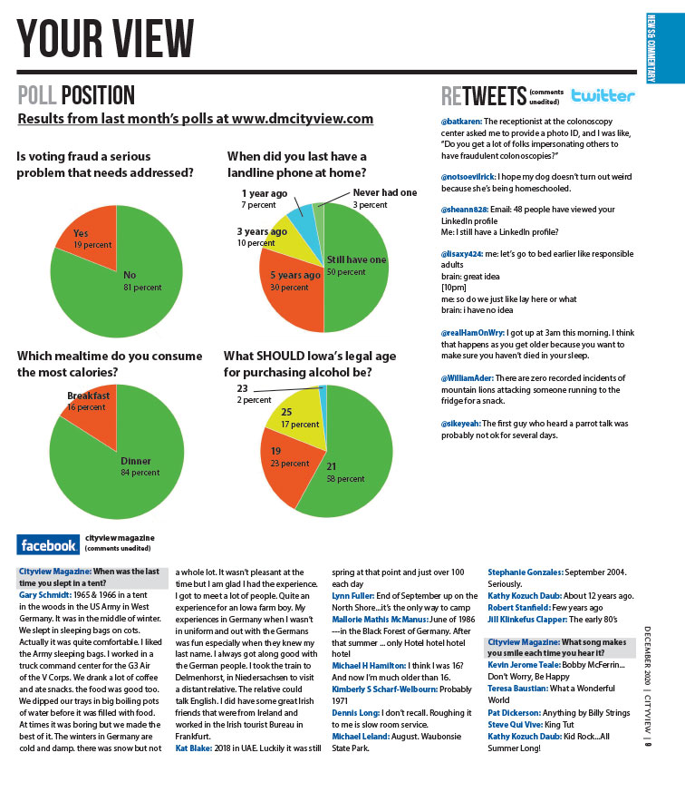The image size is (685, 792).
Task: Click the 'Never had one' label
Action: pos(384,192)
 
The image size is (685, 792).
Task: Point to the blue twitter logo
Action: pos(603,95)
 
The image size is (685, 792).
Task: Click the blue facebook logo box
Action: pos(48,544)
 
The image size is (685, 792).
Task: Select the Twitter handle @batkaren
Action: pos(461,121)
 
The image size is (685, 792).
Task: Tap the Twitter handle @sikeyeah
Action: pos(461,424)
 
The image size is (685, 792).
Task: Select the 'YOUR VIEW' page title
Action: pos(106,38)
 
